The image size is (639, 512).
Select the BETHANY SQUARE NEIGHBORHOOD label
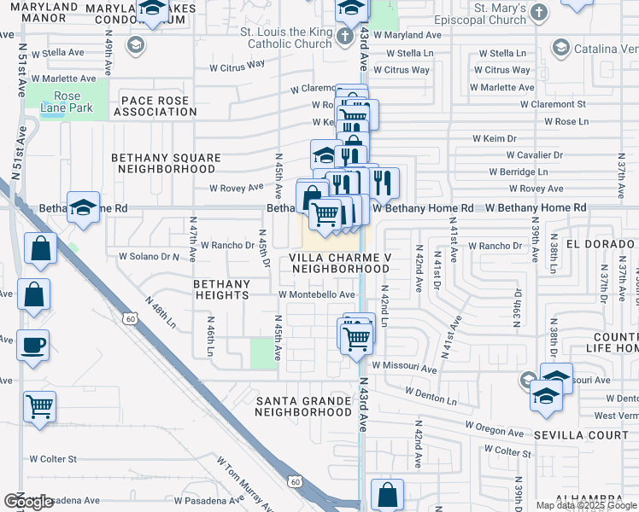click(x=167, y=163)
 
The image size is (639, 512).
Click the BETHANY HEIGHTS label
click(x=221, y=289)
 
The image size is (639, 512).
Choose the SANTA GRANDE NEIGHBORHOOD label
click(x=303, y=405)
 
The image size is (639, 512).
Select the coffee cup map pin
click(x=34, y=345)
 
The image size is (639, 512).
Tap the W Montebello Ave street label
click(x=316, y=294)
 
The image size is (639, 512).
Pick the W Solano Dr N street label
click(x=149, y=256)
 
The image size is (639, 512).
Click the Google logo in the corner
click(x=27, y=502)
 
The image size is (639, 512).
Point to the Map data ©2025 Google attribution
click(x=586, y=505)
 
